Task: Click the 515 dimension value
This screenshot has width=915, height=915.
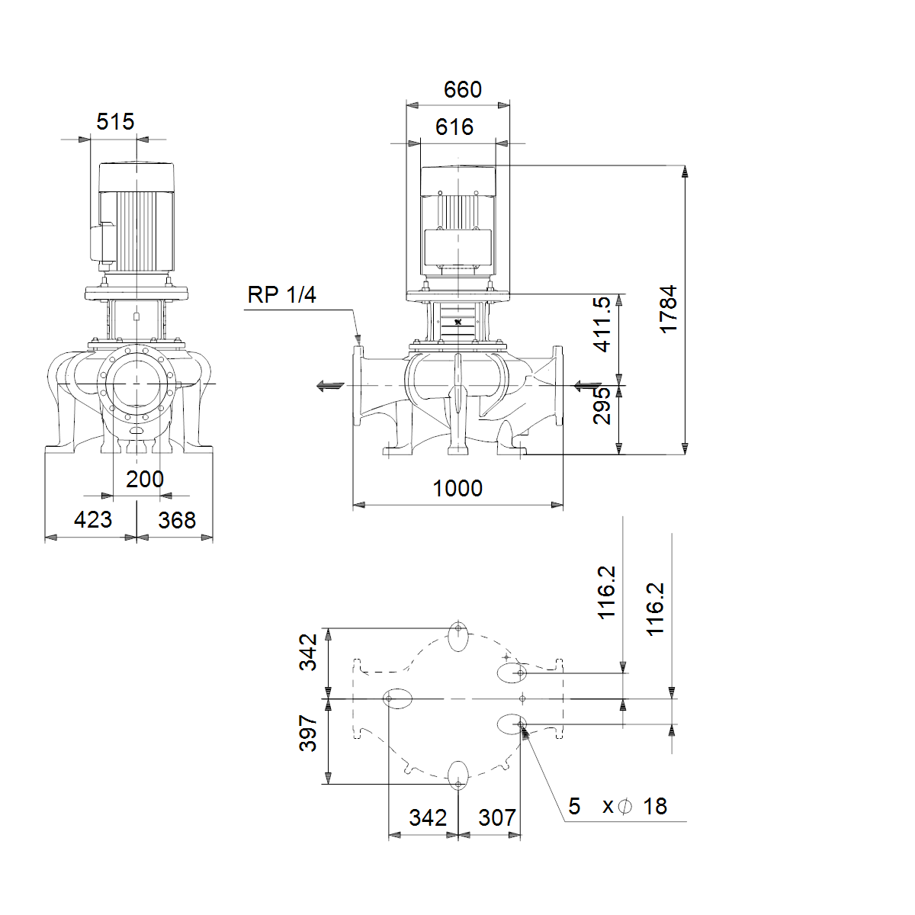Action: (x=115, y=121)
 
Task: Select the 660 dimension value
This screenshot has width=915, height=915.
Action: (x=463, y=89)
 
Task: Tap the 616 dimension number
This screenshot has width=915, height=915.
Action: (x=454, y=127)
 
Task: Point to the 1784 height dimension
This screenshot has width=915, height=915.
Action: (x=668, y=309)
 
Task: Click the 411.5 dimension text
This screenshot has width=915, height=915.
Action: (x=602, y=324)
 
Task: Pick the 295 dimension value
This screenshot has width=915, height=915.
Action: (x=602, y=406)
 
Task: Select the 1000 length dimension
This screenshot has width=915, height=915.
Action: (x=457, y=488)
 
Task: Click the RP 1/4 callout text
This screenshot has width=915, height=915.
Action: (x=281, y=295)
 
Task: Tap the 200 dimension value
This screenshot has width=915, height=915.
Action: (x=145, y=479)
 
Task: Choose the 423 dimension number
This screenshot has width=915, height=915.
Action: (x=93, y=519)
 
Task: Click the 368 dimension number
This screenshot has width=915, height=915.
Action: (x=177, y=521)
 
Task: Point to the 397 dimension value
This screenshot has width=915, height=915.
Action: (x=308, y=733)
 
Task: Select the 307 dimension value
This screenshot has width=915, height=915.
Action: (x=497, y=817)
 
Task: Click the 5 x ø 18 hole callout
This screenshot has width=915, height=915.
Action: (x=618, y=806)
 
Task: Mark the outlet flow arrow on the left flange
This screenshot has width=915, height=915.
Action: (x=330, y=386)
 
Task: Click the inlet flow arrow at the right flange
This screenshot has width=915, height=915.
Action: (x=588, y=386)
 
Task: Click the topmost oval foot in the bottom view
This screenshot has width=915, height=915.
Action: (x=458, y=636)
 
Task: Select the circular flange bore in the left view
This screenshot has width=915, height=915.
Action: (x=136, y=384)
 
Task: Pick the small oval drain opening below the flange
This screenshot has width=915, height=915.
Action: (x=136, y=431)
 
